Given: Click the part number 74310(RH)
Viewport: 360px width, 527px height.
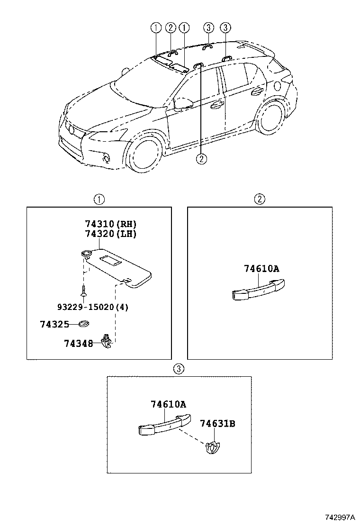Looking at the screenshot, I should [107, 224].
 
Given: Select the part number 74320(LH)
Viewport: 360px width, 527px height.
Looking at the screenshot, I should [107, 234].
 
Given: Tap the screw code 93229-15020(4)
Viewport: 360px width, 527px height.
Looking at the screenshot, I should [93, 307].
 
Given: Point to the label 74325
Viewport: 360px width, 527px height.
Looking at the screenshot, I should [54, 324].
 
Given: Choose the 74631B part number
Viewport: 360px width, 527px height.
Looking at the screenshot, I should [217, 423].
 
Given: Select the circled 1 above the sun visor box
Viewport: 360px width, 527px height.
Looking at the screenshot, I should [99, 199].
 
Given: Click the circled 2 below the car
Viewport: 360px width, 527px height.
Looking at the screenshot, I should [201, 159].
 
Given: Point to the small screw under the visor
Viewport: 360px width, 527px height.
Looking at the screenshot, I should [83, 291].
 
